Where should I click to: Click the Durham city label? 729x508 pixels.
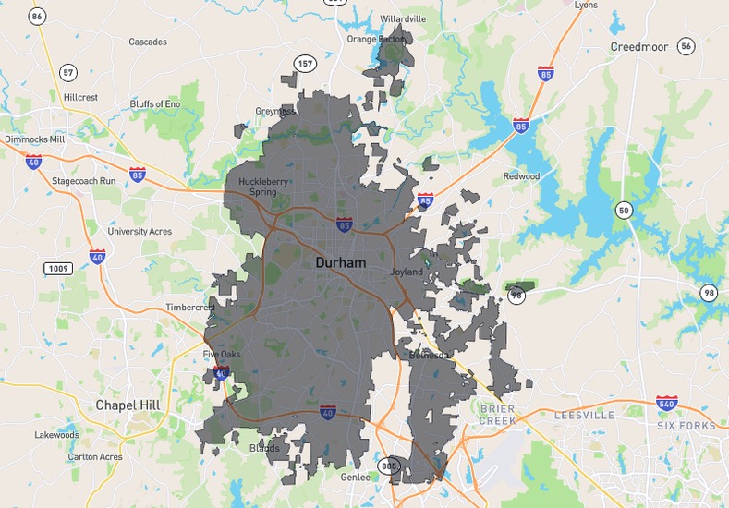[x=340, y=263]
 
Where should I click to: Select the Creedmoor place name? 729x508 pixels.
[x=638, y=46]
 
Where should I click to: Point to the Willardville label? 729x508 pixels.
[x=403, y=18]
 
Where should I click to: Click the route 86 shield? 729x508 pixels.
[x=37, y=16]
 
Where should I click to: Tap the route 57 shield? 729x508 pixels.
[x=67, y=72]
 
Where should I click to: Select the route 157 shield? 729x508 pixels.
[x=305, y=63]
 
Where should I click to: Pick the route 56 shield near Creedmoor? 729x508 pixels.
[x=685, y=45]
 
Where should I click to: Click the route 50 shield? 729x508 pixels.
[x=625, y=211]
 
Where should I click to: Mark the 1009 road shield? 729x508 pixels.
[x=57, y=268]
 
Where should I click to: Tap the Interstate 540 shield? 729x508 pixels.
[x=666, y=403]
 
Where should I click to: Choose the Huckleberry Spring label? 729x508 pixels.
[x=258, y=187]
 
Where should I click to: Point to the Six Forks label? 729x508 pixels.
[x=686, y=426]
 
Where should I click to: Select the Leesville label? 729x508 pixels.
[x=584, y=416]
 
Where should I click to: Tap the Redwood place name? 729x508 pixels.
[x=521, y=176]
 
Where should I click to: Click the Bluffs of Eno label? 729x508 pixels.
[x=154, y=103]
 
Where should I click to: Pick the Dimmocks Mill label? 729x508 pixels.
[x=35, y=139]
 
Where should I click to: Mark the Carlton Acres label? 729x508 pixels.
[x=95, y=457]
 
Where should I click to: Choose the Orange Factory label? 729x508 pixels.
[x=377, y=40]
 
